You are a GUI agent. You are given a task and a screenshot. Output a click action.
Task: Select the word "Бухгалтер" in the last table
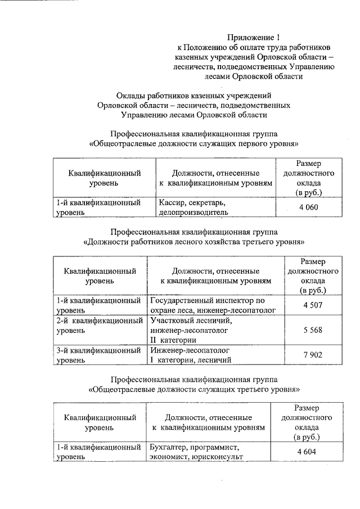pyautogui.click(x=169, y=447)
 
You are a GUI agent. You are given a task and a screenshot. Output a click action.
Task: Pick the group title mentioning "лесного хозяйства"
pyautogui.click(x=193, y=242)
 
